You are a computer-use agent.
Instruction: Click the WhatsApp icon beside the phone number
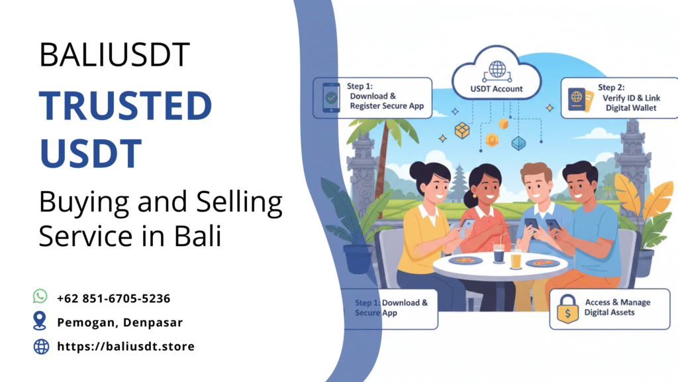tap(40, 296)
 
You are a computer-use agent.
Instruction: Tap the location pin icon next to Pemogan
tap(40, 321)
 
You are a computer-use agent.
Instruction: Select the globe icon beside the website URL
tap(41, 346)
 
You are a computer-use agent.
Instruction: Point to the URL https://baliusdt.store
tap(126, 346)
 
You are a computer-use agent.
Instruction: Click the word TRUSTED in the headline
tap(125, 105)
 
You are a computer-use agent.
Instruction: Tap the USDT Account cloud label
tap(497, 89)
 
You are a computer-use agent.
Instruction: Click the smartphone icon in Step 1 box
tap(332, 97)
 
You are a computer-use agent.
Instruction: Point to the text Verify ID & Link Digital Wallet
tap(628, 102)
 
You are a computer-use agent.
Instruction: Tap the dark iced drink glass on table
tap(499, 256)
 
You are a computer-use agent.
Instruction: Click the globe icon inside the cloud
tap(497, 68)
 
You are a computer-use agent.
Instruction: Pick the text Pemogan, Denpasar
tap(120, 322)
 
